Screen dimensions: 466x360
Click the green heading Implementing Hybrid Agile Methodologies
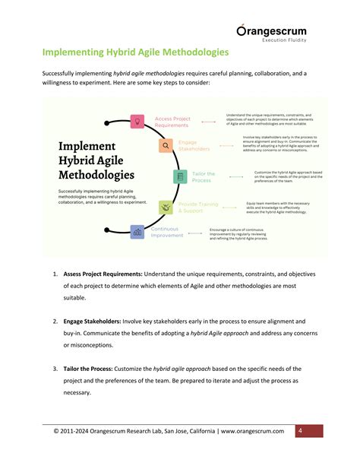point(135,52)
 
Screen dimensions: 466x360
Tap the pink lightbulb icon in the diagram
point(137,121)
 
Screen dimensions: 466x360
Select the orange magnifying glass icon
point(165,145)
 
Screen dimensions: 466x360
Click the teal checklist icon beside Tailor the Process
point(180,177)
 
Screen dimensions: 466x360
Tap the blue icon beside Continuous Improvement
point(137,232)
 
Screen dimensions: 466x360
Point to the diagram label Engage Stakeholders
point(194,145)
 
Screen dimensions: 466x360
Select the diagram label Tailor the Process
point(203,177)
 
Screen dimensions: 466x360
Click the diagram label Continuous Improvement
point(167,232)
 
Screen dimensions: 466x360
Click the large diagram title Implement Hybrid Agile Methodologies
point(98,160)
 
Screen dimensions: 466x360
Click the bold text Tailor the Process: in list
point(94,369)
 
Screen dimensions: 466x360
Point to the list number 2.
point(55,322)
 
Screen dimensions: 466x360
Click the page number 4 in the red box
point(300,431)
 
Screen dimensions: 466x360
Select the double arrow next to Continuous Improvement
point(197,231)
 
